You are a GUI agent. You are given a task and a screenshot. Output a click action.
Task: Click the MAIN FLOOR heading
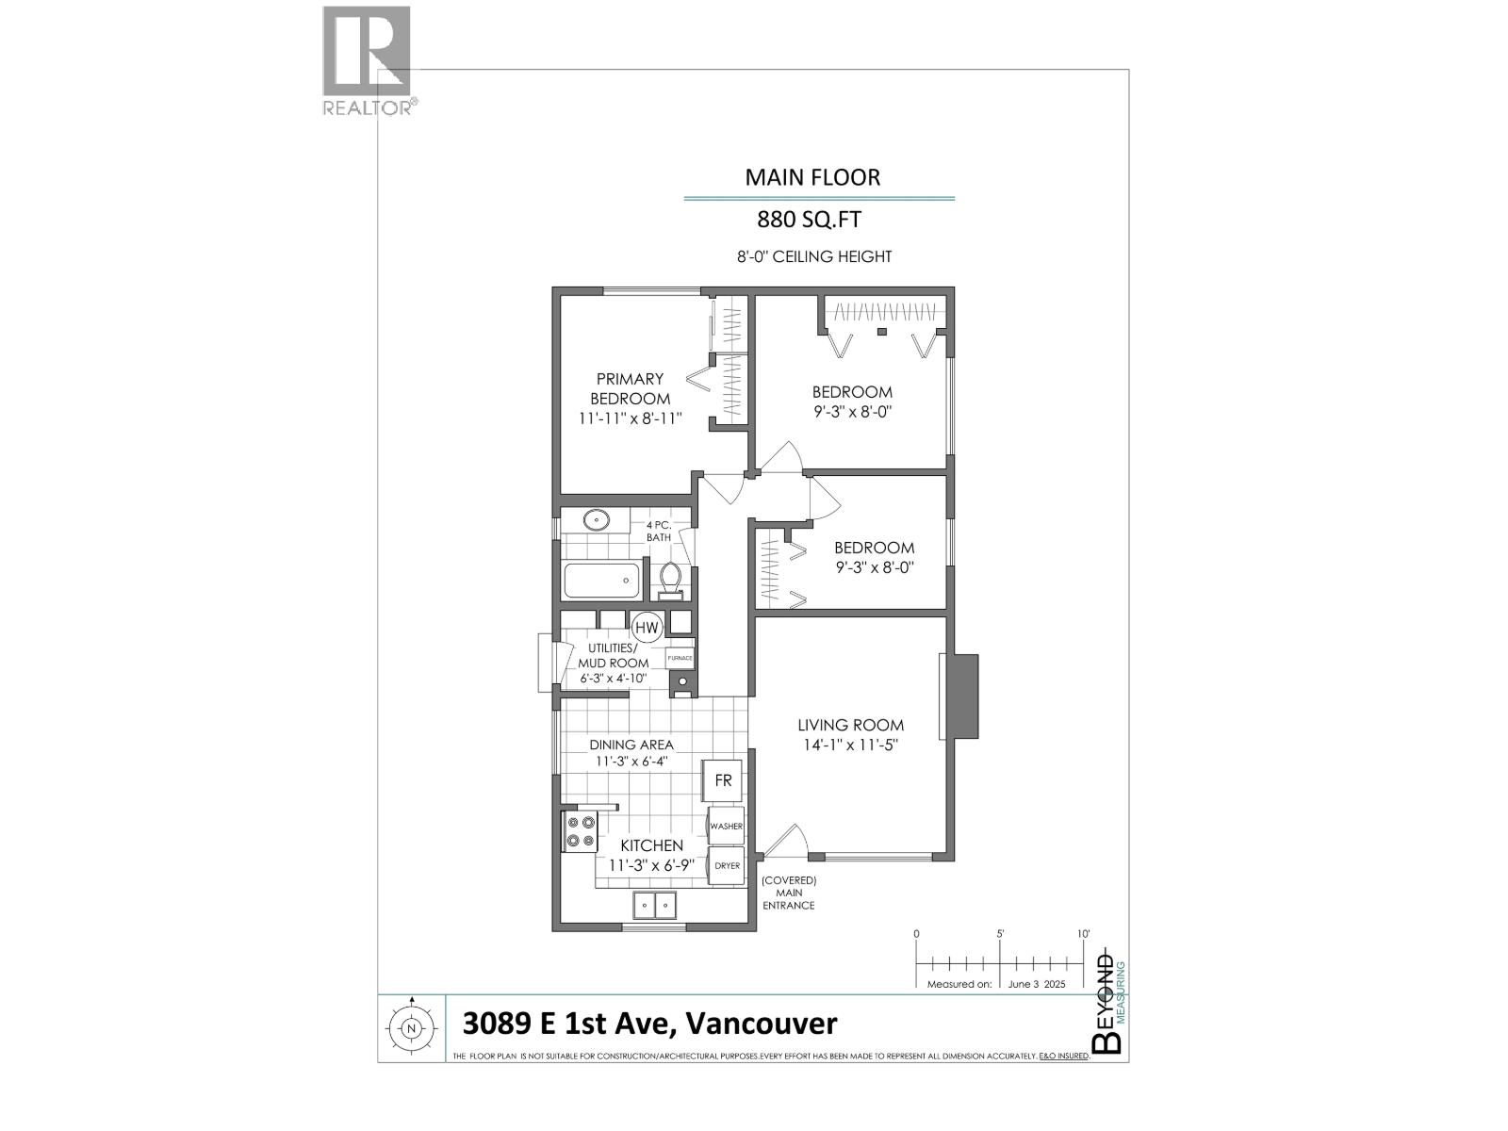click(812, 177)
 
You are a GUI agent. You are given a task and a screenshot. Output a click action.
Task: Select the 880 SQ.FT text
click(810, 220)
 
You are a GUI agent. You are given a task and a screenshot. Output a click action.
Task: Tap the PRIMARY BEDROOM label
click(631, 388)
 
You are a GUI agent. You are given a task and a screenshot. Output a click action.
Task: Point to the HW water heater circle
click(647, 627)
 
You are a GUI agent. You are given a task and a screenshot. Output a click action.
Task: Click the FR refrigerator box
click(723, 781)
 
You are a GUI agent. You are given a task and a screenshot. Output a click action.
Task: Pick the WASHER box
click(726, 826)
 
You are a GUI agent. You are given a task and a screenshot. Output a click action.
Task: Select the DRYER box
click(726, 865)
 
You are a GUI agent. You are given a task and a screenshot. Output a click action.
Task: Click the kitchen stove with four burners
click(579, 831)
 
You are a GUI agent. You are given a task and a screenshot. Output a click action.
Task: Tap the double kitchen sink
click(653, 905)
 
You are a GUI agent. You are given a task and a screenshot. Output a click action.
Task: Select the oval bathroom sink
click(595, 519)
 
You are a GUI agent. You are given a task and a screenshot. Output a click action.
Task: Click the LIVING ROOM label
click(850, 725)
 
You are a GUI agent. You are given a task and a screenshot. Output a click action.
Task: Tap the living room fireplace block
click(961, 697)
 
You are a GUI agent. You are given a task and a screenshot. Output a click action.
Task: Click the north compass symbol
click(411, 1028)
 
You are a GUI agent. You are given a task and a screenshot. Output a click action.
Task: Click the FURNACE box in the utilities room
click(679, 657)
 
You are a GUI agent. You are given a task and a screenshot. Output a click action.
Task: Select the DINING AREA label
click(631, 745)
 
